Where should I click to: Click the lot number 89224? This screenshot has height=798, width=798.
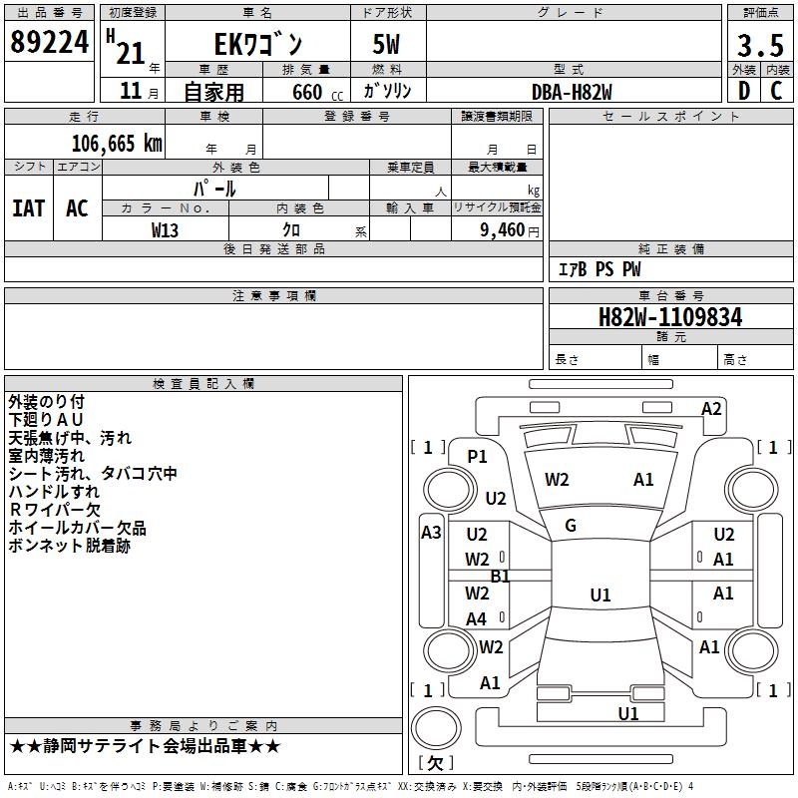tap(49, 42)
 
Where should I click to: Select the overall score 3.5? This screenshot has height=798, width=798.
tap(760, 45)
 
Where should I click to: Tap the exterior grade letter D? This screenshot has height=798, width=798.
tap(744, 91)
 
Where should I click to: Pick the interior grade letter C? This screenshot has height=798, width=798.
tap(776, 91)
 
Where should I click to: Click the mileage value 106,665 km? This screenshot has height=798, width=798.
tap(117, 144)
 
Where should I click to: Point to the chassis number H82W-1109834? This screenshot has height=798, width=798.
tap(670, 317)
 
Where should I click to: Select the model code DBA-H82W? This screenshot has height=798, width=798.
tap(572, 92)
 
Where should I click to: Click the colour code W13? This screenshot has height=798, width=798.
tap(165, 230)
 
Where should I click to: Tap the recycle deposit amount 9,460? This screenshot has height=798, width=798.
tap(503, 230)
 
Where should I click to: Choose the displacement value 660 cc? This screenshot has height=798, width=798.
tap(317, 93)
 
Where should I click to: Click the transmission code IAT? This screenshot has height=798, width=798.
tap(29, 208)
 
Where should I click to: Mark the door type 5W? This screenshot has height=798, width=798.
tap(386, 44)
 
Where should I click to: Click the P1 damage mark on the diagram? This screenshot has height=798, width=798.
tap(477, 457)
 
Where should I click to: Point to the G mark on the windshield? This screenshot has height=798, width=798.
tap(571, 526)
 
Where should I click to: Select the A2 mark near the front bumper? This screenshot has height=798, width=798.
tap(711, 409)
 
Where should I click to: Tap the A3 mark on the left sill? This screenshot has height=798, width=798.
tap(431, 533)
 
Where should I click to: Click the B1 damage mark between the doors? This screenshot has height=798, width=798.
tap(500, 577)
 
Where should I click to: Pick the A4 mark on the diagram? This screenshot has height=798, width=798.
tap(477, 619)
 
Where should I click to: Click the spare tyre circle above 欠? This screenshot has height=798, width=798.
tap(436, 728)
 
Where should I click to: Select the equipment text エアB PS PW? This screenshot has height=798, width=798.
tap(599, 269)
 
